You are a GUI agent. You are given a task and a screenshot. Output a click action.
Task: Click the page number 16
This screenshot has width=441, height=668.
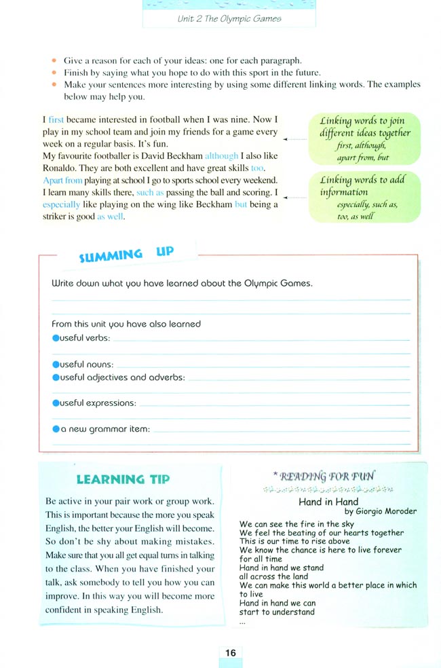(230, 652)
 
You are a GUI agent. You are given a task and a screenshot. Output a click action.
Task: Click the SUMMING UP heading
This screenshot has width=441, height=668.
(126, 255)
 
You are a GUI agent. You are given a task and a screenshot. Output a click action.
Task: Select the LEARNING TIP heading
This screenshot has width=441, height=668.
(123, 479)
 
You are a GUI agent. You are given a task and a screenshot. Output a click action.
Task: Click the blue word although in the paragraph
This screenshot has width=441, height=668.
(221, 155)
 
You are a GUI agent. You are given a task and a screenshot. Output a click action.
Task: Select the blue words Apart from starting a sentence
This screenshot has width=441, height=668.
(62, 180)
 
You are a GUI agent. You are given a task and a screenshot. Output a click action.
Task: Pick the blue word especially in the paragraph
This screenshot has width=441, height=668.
(60, 204)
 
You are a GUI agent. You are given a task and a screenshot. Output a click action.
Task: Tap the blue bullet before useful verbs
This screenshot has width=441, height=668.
(56, 338)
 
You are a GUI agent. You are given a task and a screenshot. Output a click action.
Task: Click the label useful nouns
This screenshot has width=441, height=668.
(87, 365)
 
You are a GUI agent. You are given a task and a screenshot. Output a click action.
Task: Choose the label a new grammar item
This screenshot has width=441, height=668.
(105, 429)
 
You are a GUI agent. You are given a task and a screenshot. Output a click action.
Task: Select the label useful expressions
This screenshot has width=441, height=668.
(98, 403)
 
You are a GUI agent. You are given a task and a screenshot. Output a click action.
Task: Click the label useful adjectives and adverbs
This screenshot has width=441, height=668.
(122, 377)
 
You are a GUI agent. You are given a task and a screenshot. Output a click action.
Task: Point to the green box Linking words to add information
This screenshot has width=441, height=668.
(364, 197)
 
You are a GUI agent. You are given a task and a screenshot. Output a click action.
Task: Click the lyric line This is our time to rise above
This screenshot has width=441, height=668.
(294, 541)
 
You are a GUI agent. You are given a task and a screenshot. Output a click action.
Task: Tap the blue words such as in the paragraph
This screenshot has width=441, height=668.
(151, 192)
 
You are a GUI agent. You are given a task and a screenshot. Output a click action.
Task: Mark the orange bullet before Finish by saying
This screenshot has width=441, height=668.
(55, 73)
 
